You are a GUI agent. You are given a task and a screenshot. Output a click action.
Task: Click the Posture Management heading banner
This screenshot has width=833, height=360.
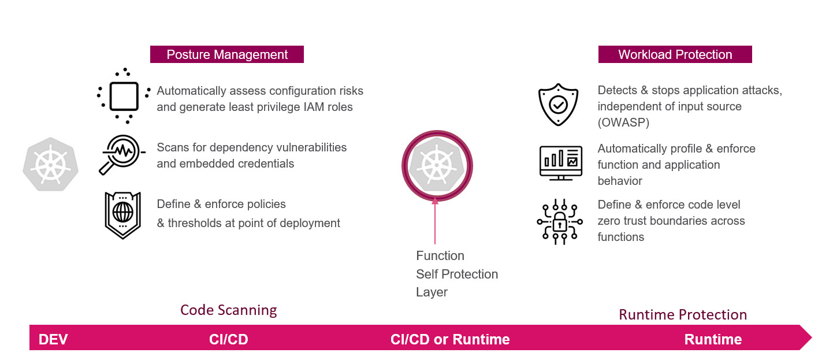[227, 54]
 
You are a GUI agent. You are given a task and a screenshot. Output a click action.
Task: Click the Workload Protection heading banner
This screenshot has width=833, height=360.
[675, 54]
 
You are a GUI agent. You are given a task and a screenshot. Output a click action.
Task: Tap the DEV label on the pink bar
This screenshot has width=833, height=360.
[53, 339]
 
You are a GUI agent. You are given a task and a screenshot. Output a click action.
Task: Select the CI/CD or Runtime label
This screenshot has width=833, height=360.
[450, 339]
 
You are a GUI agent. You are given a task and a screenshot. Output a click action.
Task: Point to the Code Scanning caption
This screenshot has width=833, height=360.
[229, 310]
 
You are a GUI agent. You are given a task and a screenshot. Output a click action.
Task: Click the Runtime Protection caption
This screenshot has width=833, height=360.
[683, 314]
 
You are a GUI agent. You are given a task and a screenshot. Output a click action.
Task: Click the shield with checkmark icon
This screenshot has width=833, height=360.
[558, 105]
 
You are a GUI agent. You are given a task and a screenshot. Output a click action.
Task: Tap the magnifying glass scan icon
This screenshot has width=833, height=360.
[122, 154]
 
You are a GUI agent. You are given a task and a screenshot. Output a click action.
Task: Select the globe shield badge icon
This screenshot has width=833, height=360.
[122, 215]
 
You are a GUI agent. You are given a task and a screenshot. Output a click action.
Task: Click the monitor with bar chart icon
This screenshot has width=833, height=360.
[561, 163]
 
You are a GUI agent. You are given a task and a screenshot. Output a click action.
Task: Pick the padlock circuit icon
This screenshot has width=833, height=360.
[560, 222]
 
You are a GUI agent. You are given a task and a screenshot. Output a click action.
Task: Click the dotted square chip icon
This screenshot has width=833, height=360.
[124, 96]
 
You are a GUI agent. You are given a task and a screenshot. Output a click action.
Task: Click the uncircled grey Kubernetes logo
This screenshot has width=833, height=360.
[51, 164]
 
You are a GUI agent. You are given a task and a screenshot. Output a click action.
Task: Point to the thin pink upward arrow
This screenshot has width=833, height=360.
[435, 221]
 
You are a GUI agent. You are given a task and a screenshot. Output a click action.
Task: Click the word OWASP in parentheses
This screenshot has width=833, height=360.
[624, 123]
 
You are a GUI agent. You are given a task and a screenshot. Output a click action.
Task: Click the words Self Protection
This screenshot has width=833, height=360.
[457, 274]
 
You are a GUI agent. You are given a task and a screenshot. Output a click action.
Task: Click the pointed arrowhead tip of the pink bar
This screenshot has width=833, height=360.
[812, 337]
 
